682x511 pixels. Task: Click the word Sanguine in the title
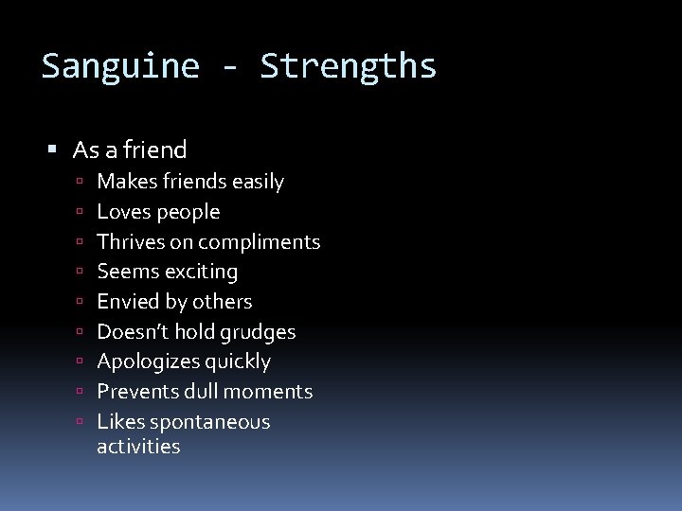(120, 67)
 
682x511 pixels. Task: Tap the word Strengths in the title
(349, 67)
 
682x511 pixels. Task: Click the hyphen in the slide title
(230, 67)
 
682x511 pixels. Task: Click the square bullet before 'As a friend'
(53, 150)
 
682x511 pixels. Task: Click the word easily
(257, 181)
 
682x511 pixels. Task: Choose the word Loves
(124, 211)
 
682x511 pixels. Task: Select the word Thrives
(131, 241)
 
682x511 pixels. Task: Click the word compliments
(260, 242)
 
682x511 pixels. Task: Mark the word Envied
(127, 302)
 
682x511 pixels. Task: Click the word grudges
(258, 332)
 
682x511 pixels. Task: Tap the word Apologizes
(144, 361)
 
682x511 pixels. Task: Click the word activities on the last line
(138, 447)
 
